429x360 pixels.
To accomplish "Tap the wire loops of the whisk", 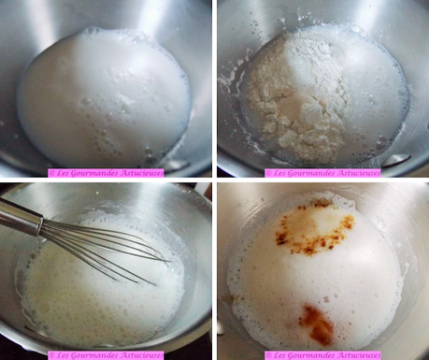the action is (x=103, y=250).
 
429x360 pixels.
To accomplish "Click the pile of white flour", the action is (x=299, y=96).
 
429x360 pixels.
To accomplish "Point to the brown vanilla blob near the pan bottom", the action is (x=316, y=325).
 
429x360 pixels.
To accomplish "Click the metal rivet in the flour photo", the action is (x=395, y=161).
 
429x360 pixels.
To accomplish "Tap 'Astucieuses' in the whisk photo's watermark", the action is (x=142, y=355).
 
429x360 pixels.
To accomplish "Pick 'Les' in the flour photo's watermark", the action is (x=278, y=173).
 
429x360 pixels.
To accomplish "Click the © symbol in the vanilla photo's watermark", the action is (x=268, y=355).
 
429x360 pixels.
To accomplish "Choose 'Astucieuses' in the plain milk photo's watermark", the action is (x=142, y=173).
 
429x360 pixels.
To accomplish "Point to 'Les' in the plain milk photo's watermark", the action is (x=61, y=173).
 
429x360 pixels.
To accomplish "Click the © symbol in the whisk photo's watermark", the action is (x=51, y=355).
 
